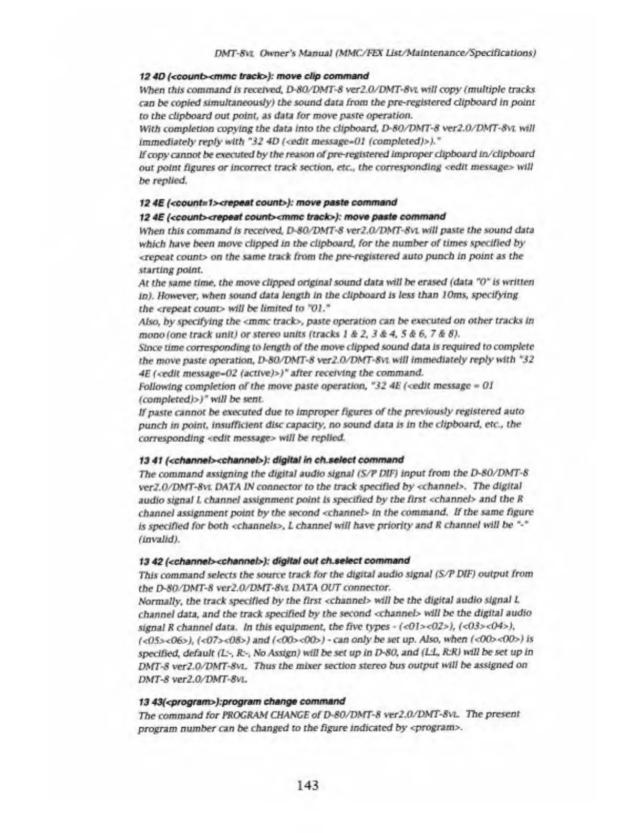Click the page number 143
click(x=307, y=785)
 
